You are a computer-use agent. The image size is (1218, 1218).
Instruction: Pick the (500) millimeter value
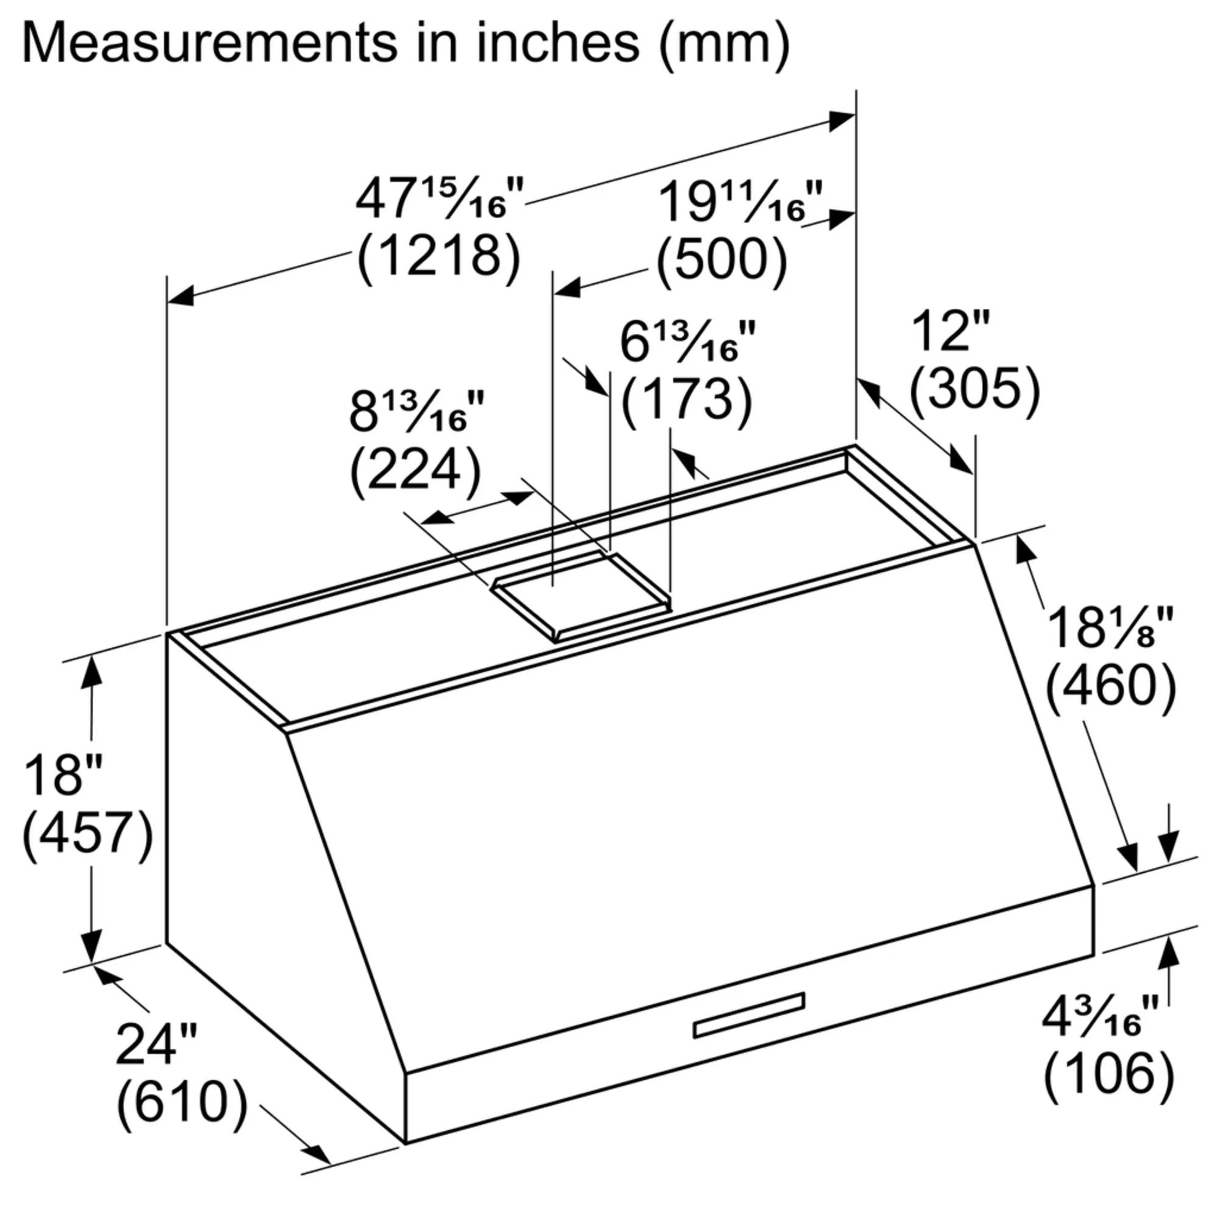coord(721,259)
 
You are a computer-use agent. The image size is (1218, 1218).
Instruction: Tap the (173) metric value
coord(686,398)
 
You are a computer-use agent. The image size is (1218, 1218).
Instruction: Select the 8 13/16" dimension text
coord(417,412)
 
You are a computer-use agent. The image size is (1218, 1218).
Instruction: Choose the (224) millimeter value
coord(415,469)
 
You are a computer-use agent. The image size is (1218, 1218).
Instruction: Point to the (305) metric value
coord(974,389)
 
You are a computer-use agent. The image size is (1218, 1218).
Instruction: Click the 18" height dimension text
coord(64,775)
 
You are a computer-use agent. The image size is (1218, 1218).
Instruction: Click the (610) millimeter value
coord(181,1102)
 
